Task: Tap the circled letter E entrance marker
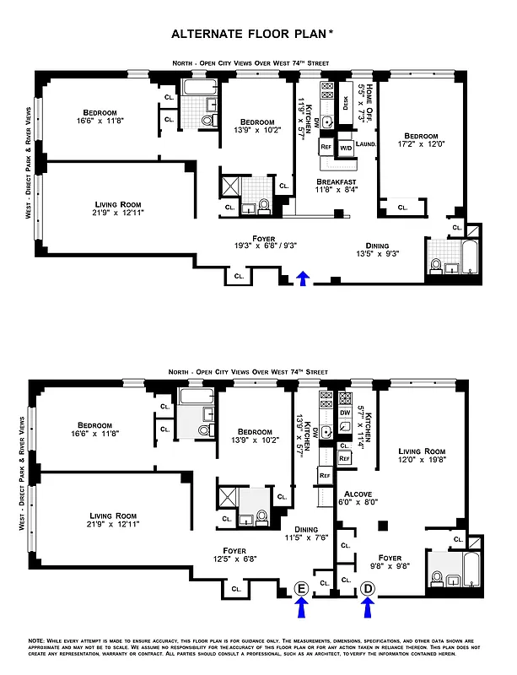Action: click(302, 587)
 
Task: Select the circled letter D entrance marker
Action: click(368, 587)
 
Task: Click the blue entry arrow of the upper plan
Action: click(303, 279)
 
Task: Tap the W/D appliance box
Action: click(346, 148)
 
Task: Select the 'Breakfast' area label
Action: click(337, 182)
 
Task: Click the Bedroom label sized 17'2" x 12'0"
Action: click(420, 137)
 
